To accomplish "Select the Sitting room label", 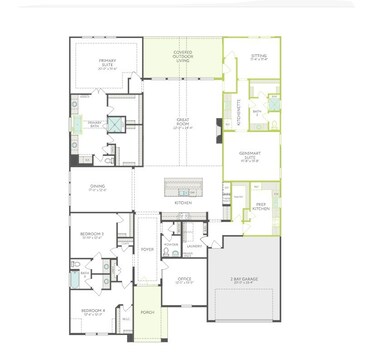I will click(258, 58).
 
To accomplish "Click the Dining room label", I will click(97, 187).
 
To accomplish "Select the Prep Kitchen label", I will click(260, 205).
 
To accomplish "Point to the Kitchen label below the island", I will click(182, 203).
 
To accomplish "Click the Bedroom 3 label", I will click(92, 235).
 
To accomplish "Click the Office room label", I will click(184, 280).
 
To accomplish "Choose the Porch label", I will click(147, 313).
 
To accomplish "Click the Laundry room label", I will click(194, 247).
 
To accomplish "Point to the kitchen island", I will click(182, 189).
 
